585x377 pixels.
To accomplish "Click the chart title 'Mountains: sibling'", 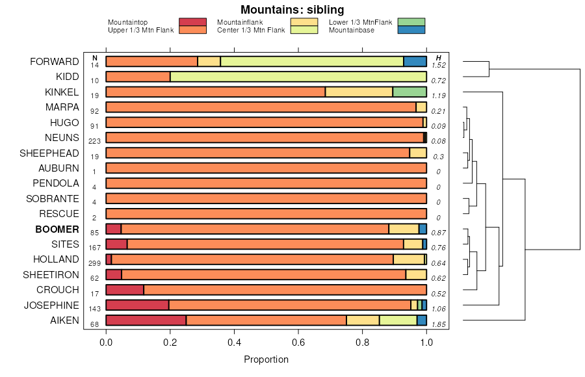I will click(292, 9).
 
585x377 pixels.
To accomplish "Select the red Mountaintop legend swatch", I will click(192, 22).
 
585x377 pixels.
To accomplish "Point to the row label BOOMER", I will click(57, 229).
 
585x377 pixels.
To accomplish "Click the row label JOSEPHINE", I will click(51, 305).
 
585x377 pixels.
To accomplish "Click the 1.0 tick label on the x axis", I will click(426, 341).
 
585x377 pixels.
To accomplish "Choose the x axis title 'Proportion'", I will click(266, 359).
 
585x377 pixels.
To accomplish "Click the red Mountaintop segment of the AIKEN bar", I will click(146, 320).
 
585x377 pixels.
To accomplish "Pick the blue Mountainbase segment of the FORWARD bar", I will click(415, 61).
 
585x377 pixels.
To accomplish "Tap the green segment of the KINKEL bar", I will click(409, 92).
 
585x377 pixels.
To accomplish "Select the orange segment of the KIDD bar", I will click(138, 77).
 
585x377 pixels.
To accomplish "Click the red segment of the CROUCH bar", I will click(124, 289).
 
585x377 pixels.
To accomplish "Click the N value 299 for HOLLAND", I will click(94, 263).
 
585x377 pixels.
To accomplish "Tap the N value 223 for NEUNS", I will click(94, 142).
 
